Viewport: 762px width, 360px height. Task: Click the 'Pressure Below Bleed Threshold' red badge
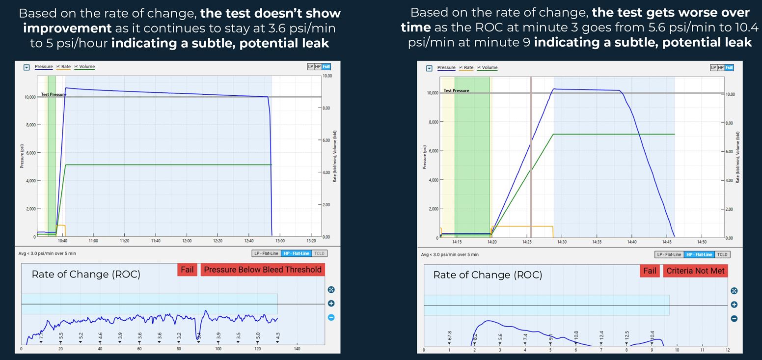point(263,269)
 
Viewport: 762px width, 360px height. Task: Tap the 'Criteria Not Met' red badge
point(695,271)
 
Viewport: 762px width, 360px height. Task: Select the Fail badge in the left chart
point(187,269)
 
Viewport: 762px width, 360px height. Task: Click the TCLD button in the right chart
point(722,254)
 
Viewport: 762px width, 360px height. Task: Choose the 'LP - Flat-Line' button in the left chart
point(265,253)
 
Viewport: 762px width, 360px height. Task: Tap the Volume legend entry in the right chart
point(489,68)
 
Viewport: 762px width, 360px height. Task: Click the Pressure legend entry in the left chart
point(44,67)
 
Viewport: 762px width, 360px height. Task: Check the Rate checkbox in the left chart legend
point(58,67)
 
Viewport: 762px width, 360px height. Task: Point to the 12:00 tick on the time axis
point(187,241)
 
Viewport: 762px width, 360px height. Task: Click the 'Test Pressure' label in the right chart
point(456,90)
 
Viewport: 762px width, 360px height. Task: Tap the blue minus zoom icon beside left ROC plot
point(331,317)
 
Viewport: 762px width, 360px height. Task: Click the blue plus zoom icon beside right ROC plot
point(734,305)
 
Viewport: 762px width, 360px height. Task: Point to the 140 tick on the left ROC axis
point(297,349)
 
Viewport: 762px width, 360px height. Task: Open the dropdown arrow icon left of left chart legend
point(27,67)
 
